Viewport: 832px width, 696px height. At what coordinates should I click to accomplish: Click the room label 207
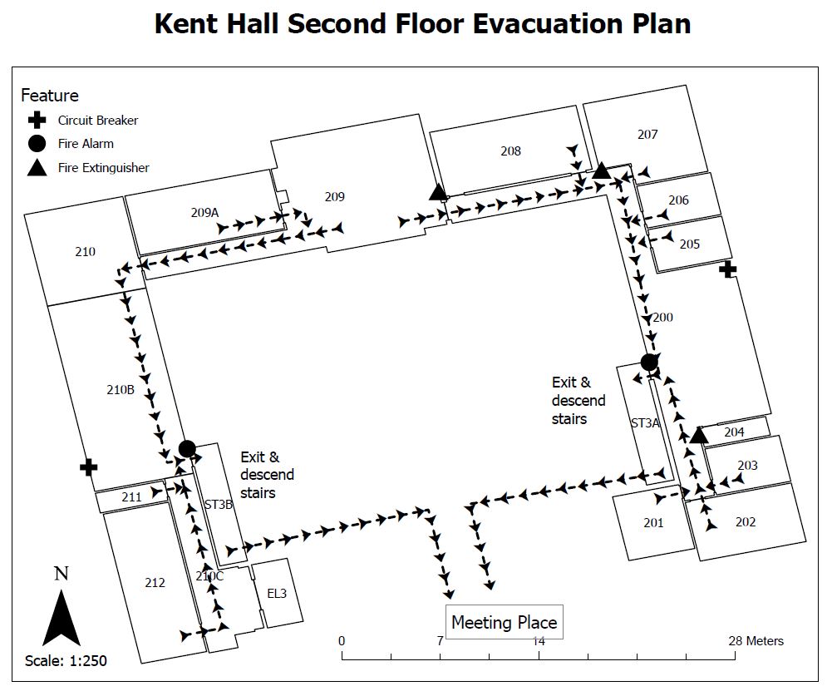(x=647, y=135)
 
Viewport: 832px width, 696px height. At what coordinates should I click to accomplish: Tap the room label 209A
(x=204, y=213)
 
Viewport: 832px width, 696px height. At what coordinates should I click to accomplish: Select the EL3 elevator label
(x=277, y=593)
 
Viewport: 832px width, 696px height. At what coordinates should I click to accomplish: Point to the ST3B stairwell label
(x=219, y=505)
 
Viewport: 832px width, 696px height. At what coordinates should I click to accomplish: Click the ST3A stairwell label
(x=645, y=423)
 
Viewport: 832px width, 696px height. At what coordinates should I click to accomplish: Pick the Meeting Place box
(x=504, y=622)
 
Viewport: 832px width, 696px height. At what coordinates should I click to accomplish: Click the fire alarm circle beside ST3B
(x=187, y=448)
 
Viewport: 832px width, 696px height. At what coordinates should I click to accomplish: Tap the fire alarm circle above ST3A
(x=649, y=362)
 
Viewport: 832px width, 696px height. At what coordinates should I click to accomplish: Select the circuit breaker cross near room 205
(x=727, y=269)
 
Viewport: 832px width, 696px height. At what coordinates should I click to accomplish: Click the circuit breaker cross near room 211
(x=89, y=467)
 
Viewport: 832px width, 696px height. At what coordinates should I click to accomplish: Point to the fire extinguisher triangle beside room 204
(x=699, y=436)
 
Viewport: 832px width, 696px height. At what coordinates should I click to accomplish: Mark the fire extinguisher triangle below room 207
(x=601, y=171)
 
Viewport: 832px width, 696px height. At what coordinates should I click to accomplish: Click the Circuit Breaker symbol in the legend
(x=37, y=121)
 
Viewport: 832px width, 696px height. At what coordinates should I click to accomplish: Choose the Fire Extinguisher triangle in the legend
(x=37, y=168)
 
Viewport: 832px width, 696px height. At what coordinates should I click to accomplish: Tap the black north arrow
(x=62, y=619)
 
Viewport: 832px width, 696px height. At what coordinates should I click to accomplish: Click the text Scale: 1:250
(x=66, y=661)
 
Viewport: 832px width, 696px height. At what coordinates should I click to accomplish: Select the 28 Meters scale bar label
(x=756, y=641)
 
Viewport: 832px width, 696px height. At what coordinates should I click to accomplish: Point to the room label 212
(x=155, y=583)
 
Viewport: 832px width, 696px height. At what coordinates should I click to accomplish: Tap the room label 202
(x=746, y=522)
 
